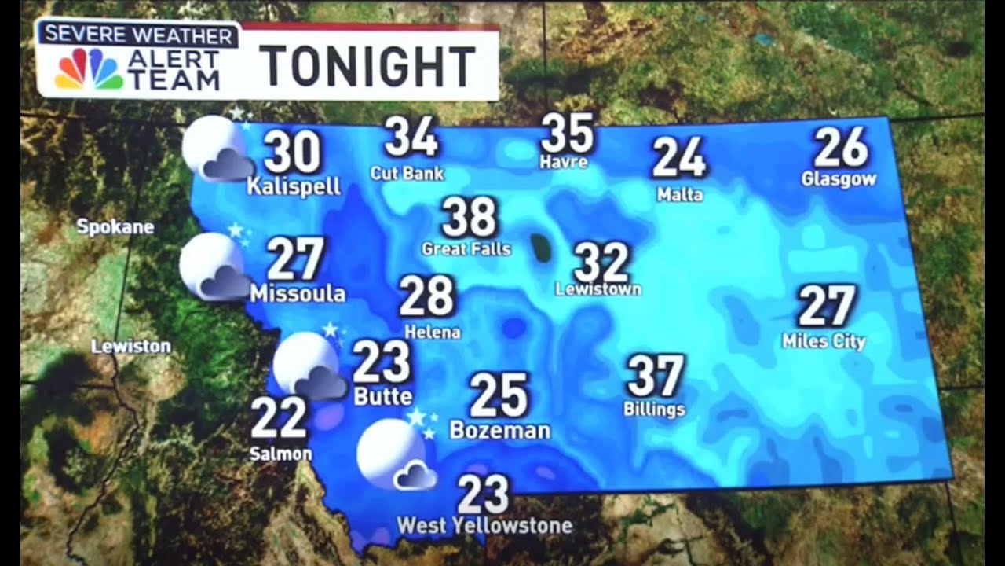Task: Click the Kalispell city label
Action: click(x=294, y=187)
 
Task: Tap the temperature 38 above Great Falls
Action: click(x=469, y=217)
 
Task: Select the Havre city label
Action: click(x=564, y=163)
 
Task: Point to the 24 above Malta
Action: click(x=679, y=157)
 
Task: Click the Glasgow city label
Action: click(x=839, y=179)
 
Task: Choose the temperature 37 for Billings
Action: click(x=656, y=376)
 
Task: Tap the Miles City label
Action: click(x=824, y=341)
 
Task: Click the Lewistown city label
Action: click(x=598, y=289)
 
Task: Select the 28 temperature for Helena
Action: click(x=426, y=296)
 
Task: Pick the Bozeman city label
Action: click(x=499, y=431)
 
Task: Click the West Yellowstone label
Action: click(x=484, y=525)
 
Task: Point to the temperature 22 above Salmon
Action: click(x=279, y=417)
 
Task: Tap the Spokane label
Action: click(x=115, y=228)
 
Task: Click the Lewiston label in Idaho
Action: click(x=130, y=346)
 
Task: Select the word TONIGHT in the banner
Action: click(x=367, y=66)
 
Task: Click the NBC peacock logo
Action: click(x=89, y=69)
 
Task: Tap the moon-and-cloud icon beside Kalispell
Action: click(x=217, y=149)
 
